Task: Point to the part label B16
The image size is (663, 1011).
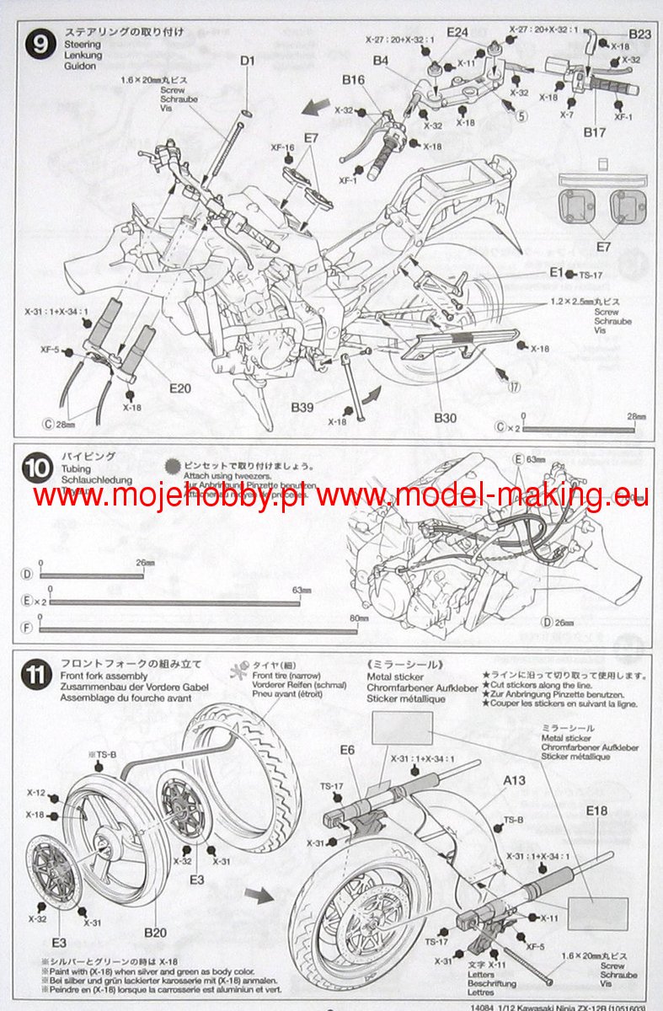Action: (353, 79)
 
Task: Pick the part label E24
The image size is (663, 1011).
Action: (457, 32)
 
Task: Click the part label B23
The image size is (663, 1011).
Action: (640, 34)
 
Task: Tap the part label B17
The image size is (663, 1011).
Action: (594, 132)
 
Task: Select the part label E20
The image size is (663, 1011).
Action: (180, 388)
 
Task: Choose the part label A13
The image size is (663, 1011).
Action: (514, 780)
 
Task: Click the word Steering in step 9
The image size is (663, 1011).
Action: (82, 44)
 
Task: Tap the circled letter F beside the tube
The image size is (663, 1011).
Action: (27, 628)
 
